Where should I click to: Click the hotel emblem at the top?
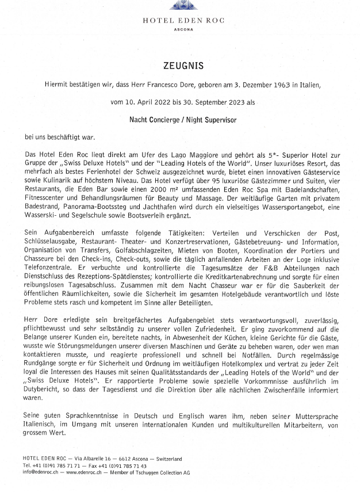pos(183,5)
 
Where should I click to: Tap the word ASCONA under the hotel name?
pos(183,30)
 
